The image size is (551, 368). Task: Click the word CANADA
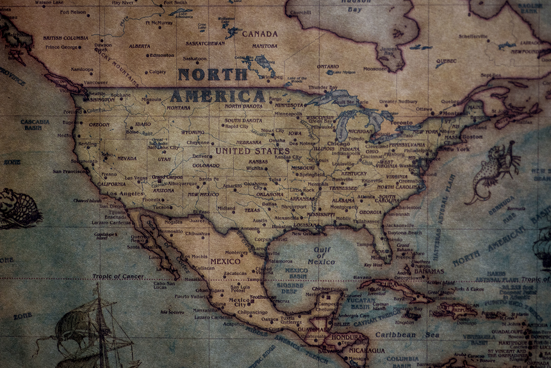[259, 34]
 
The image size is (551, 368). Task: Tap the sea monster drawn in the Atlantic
[493, 170]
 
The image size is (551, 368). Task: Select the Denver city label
[201, 156]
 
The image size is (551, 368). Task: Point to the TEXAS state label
[252, 210]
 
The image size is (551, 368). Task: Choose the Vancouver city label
[95, 83]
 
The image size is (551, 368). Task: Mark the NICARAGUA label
[367, 351]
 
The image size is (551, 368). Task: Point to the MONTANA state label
[178, 108]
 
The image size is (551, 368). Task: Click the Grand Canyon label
[167, 177]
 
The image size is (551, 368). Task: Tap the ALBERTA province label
[139, 46]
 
